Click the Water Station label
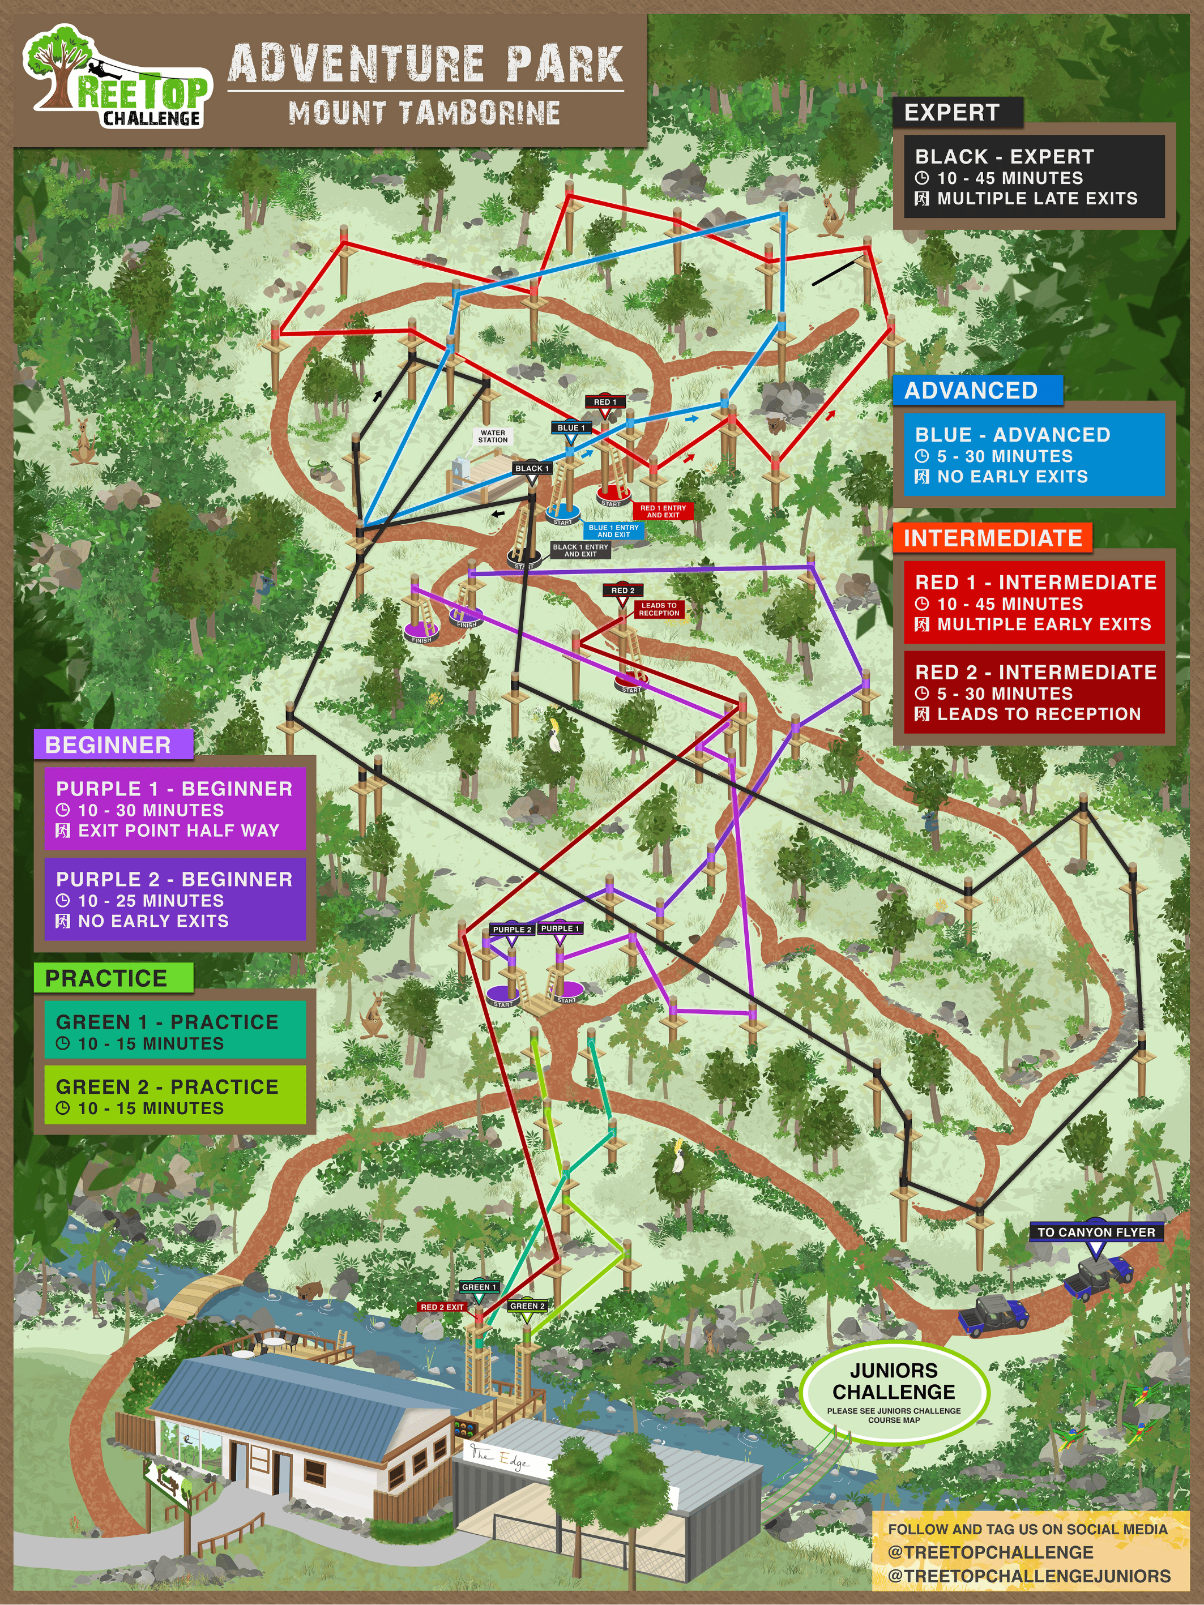tap(493, 436)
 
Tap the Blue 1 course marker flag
tap(570, 428)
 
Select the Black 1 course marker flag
tap(531, 469)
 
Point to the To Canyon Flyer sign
tap(1096, 1232)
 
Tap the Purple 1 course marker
tap(560, 929)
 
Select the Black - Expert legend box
tap(1034, 177)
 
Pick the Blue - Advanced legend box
tap(1034, 455)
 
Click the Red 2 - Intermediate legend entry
tap(1034, 693)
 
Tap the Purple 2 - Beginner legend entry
tap(174, 900)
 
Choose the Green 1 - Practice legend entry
tap(174, 1032)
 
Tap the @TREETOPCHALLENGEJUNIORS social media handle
tap(1028, 1576)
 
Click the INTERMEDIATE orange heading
tap(992, 538)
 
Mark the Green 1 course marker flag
tap(479, 1287)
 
